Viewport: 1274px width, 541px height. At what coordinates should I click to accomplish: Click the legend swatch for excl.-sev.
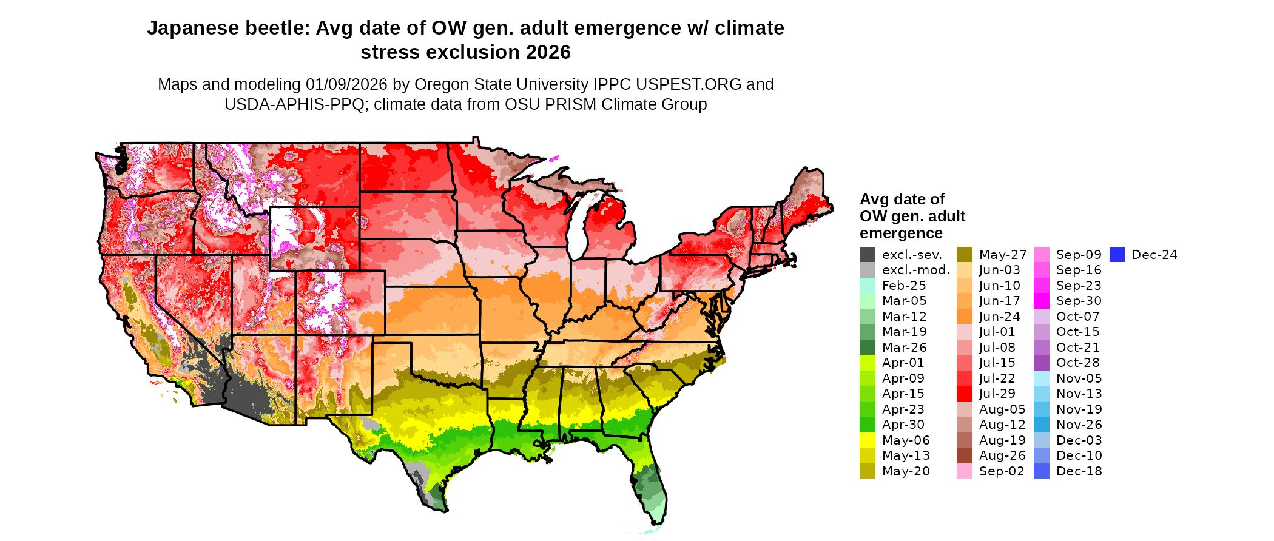click(868, 255)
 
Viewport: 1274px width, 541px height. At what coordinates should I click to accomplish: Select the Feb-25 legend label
click(904, 286)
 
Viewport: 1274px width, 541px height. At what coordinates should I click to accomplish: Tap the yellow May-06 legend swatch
click(868, 440)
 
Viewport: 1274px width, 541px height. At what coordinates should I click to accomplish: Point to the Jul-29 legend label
click(997, 394)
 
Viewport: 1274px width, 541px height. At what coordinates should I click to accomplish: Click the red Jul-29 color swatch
click(965, 394)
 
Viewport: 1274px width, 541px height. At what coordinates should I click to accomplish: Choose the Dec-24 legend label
click(1154, 255)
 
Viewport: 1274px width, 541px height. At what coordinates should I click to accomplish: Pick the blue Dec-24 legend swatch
click(1117, 255)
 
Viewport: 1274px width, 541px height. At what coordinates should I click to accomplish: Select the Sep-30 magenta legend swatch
click(1042, 301)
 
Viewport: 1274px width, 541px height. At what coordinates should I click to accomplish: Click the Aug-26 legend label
click(1002, 455)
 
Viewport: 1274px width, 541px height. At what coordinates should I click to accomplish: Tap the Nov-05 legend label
click(1079, 378)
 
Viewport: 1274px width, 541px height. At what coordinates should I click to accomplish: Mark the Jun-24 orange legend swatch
click(965, 317)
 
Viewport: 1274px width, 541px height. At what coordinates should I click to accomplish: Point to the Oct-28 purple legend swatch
click(1042, 363)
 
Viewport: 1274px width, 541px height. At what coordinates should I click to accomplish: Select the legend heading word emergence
click(901, 234)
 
